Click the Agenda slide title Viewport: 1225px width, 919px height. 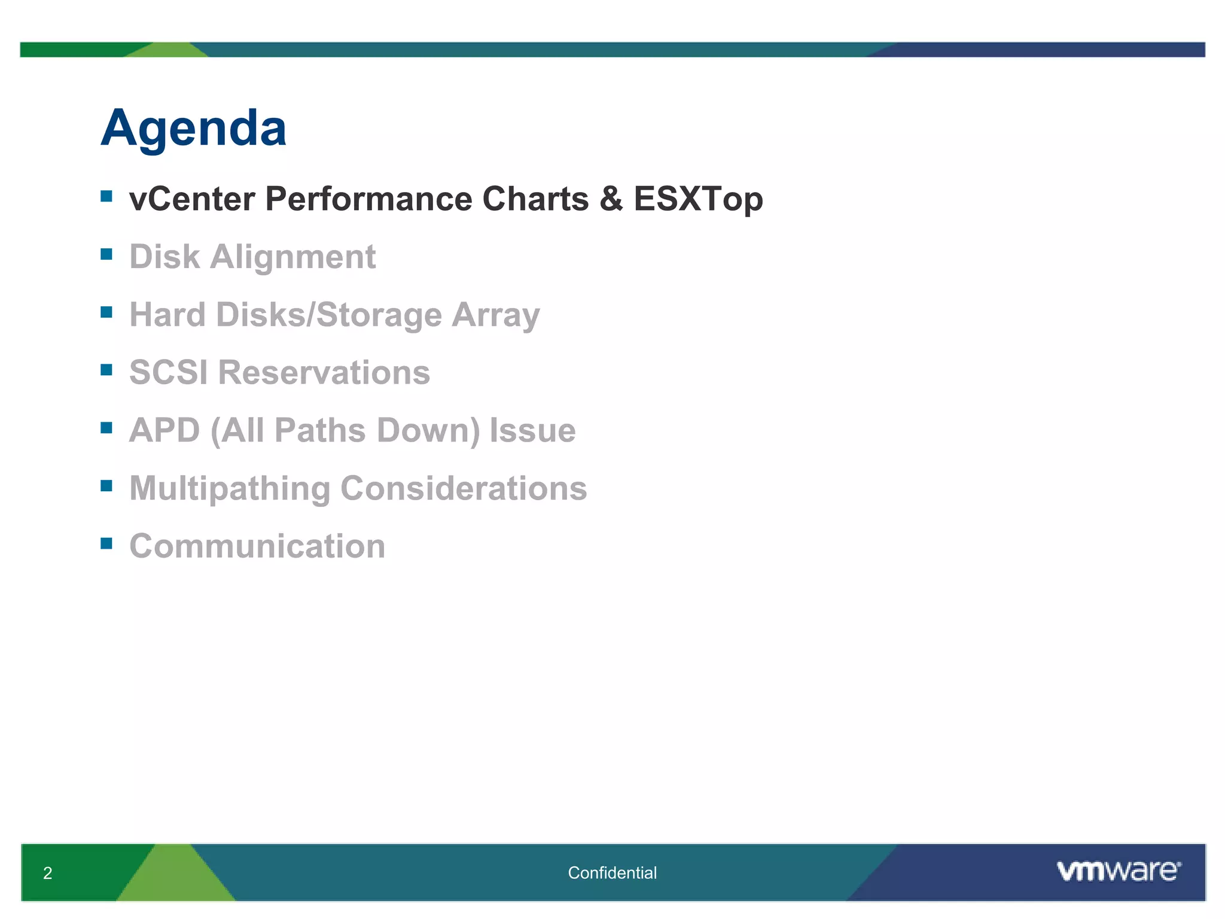[x=193, y=129]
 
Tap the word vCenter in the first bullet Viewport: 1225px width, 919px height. [x=192, y=199]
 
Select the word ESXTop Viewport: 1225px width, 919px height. [x=698, y=199]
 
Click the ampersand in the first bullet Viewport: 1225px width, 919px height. [x=611, y=199]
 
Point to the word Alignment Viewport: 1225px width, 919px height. [x=292, y=257]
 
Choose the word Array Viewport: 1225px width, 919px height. [x=495, y=316]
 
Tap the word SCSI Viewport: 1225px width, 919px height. [x=169, y=372]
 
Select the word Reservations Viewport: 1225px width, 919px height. [x=324, y=372]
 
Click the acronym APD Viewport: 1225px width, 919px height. [x=164, y=430]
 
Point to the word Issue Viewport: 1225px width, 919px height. [x=532, y=430]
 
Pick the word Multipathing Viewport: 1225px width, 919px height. [x=230, y=489]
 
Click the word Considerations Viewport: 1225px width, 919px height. [x=464, y=488]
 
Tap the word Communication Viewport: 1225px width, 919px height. [x=257, y=546]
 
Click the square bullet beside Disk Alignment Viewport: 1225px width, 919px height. [x=106, y=254]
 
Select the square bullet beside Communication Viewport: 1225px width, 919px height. [x=106, y=543]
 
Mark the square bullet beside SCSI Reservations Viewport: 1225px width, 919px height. [x=106, y=370]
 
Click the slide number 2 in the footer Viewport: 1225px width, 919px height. [x=48, y=873]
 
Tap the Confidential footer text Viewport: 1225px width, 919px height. [x=612, y=873]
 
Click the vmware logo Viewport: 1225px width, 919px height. [x=1118, y=871]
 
